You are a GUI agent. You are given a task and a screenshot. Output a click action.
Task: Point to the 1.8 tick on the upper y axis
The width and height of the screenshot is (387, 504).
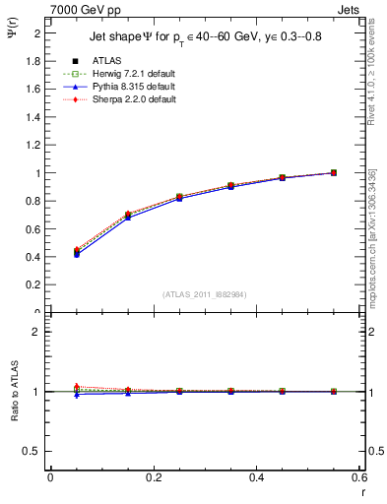coord(34,61)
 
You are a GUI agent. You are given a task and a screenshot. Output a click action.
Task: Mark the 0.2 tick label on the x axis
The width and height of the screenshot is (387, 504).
coord(153,477)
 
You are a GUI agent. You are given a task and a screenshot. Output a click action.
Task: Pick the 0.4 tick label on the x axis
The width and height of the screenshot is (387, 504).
coord(257,477)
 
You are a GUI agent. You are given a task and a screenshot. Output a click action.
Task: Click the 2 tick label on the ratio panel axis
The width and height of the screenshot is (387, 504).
coord(37,332)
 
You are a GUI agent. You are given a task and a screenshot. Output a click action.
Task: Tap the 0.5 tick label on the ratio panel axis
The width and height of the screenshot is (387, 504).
coord(33,451)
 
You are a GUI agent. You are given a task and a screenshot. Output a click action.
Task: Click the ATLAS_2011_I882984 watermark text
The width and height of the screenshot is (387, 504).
coord(206,293)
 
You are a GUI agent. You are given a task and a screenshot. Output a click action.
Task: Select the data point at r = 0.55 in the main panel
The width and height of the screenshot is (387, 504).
coord(334,173)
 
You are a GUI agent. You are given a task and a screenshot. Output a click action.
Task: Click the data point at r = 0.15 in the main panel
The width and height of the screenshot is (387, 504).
coord(128,216)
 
